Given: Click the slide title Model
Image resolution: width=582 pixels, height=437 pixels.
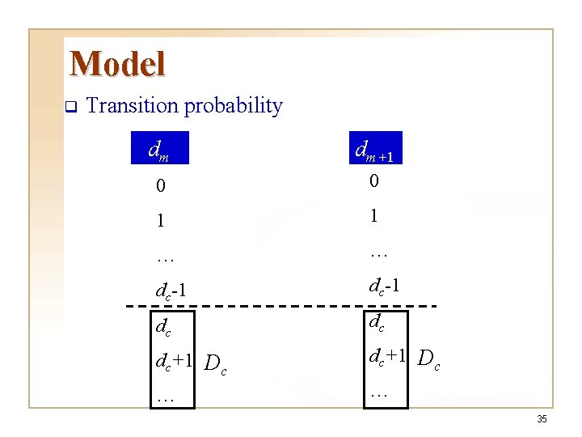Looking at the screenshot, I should pyautogui.click(x=117, y=64).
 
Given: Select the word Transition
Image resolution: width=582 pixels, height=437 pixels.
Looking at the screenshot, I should pyautogui.click(x=133, y=105).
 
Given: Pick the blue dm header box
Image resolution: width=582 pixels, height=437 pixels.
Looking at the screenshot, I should pyautogui.click(x=159, y=148).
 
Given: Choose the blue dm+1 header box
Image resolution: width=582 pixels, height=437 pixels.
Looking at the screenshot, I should pyautogui.click(x=375, y=148).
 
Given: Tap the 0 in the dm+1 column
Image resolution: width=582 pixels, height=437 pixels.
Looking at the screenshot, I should pyautogui.click(x=374, y=182).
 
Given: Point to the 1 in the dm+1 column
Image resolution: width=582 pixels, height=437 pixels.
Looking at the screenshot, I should pyautogui.click(x=373, y=216).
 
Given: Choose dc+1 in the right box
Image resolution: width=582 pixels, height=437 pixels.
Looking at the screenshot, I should pyautogui.click(x=387, y=356).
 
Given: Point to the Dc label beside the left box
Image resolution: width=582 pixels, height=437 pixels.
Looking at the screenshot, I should pyautogui.click(x=215, y=365).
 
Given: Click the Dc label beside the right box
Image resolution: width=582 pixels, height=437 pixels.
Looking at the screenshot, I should pyautogui.click(x=428, y=360).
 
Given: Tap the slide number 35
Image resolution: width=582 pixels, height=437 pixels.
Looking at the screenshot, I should pyautogui.click(x=542, y=419).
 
